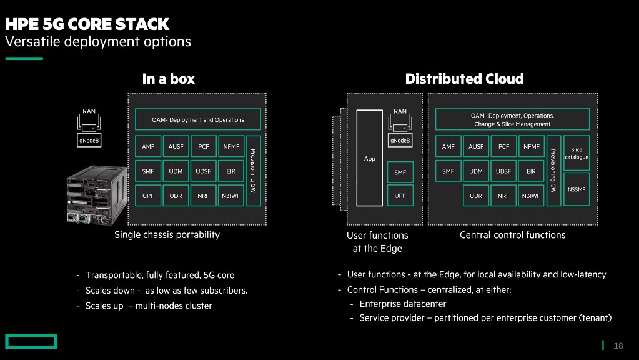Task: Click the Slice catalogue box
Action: click(x=577, y=153)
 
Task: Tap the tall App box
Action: click(x=369, y=158)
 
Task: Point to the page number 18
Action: click(x=618, y=346)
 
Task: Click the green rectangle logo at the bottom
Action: click(x=31, y=341)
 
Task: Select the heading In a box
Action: click(x=169, y=79)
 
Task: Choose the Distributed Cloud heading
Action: click(x=464, y=79)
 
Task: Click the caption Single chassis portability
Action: click(x=167, y=235)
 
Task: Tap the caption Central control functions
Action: click(x=512, y=235)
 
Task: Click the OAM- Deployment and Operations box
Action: click(x=198, y=119)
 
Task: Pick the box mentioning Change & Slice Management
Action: click(x=512, y=119)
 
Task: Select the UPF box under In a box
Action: click(x=148, y=196)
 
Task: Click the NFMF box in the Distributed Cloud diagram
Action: click(x=532, y=147)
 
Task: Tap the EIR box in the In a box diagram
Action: click(x=231, y=171)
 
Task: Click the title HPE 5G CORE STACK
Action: click(x=87, y=24)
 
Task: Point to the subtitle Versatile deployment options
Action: click(x=98, y=42)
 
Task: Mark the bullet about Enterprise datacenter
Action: click(x=403, y=304)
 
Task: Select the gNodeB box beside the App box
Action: click(x=400, y=141)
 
